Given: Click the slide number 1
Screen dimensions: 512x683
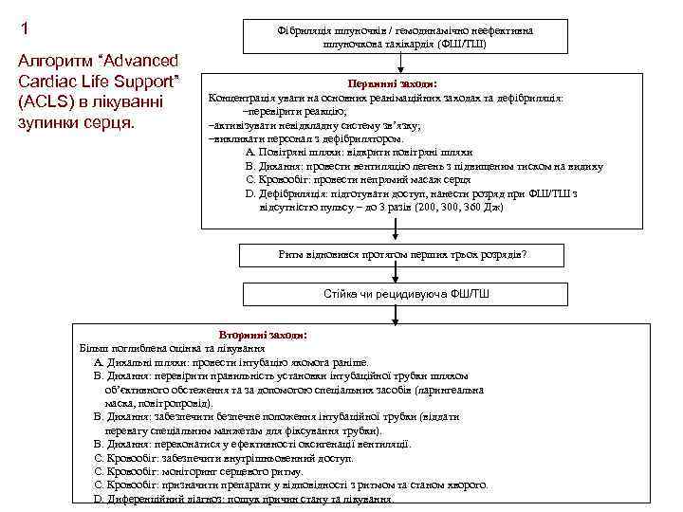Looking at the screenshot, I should tap(25, 28).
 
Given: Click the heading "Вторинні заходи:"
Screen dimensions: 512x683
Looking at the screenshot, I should tap(264, 335).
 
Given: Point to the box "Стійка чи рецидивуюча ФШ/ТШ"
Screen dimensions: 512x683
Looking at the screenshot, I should tap(407, 295).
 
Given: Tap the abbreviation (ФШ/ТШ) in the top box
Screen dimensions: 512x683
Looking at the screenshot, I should tap(459, 45).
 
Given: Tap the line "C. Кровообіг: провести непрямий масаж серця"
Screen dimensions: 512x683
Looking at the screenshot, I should tap(358, 179).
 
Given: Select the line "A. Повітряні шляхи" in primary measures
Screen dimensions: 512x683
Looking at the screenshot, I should tap(359, 152).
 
